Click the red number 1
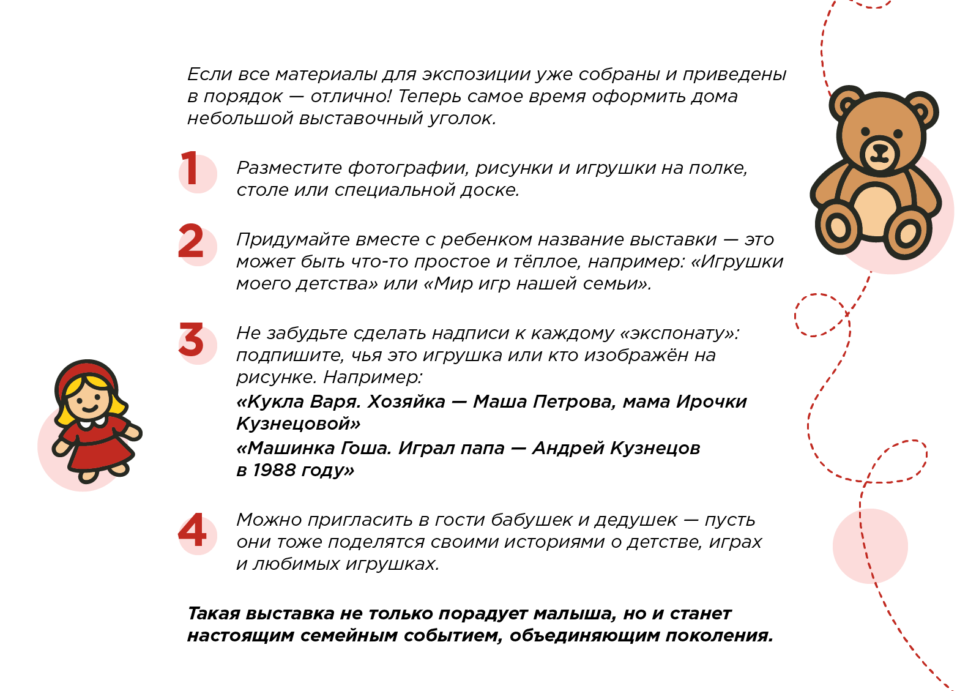pyautogui.click(x=192, y=169)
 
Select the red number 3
pyautogui.click(x=192, y=340)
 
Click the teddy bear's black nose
pyautogui.click(x=880, y=148)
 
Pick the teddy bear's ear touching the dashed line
pyautogui.click(x=846, y=103)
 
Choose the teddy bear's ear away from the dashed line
pyautogui.click(x=921, y=110)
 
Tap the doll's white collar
pyautogui.click(x=92, y=422)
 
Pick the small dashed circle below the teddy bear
pyautogui.click(x=819, y=315)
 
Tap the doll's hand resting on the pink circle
pyautogui.click(x=60, y=447)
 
